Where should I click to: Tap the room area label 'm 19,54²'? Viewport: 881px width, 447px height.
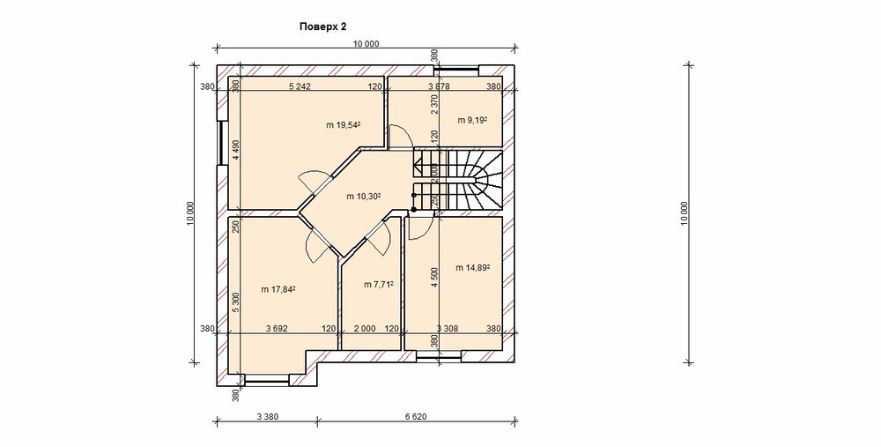(x=343, y=125)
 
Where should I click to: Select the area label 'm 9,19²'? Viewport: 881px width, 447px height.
(x=471, y=120)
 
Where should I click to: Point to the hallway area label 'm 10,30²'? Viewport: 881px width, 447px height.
(x=364, y=197)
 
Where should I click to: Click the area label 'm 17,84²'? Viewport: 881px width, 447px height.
(x=278, y=289)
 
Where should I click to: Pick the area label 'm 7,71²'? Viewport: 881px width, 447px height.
(x=378, y=285)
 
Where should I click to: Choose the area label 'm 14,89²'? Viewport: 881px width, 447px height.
(x=472, y=268)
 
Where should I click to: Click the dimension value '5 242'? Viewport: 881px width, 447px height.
(x=300, y=86)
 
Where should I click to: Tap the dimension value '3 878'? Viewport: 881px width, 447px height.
(x=439, y=86)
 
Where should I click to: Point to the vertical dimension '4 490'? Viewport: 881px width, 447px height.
(x=236, y=150)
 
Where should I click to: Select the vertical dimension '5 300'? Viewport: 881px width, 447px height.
(x=236, y=303)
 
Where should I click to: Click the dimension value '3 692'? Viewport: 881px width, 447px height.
(x=277, y=329)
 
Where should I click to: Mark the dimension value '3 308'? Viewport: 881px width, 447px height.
(x=448, y=329)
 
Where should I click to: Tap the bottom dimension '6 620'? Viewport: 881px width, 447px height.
(x=416, y=417)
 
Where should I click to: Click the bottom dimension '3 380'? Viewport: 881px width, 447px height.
(x=267, y=417)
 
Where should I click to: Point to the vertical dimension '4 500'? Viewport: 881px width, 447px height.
(x=433, y=278)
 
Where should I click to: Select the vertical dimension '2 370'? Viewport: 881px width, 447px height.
(x=433, y=104)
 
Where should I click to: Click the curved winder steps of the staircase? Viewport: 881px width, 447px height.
(x=486, y=180)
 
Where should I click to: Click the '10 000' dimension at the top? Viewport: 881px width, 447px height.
(x=366, y=44)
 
